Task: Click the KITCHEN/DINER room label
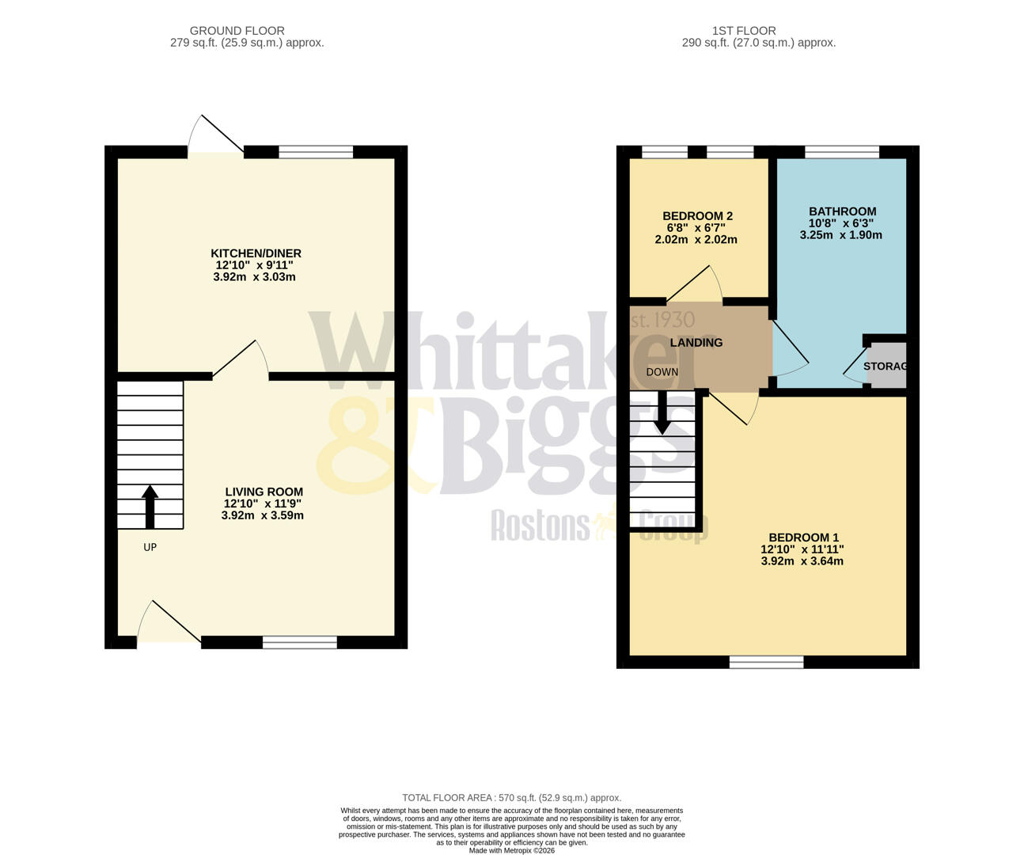click(x=258, y=253)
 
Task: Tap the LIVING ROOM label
click(x=264, y=492)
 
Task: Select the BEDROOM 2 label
click(x=697, y=216)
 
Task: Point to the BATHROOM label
click(x=842, y=211)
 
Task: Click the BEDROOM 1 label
click(x=802, y=538)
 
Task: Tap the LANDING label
click(x=696, y=343)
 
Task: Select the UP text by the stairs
click(x=150, y=547)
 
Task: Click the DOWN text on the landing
click(x=662, y=372)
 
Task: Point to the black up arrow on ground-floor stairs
click(x=150, y=507)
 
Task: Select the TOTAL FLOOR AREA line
click(x=511, y=798)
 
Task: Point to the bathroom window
click(x=842, y=152)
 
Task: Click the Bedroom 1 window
click(x=766, y=662)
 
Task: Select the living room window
click(x=300, y=642)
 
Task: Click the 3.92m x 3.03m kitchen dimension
click(x=254, y=277)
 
